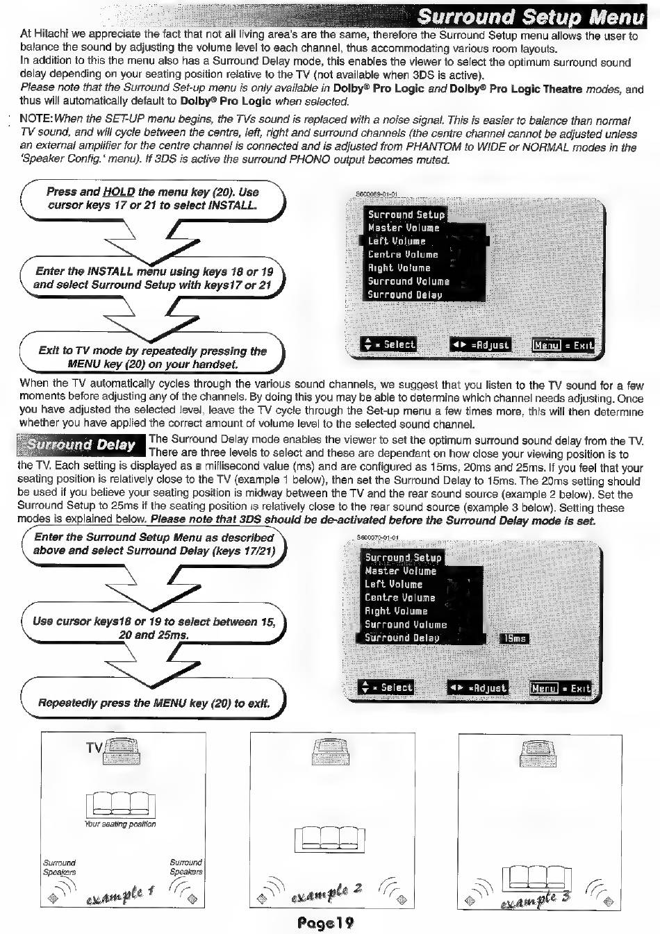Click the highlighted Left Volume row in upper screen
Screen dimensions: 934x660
pos(424,241)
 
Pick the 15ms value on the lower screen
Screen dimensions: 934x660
pos(514,638)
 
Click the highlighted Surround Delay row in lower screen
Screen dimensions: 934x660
pos(420,637)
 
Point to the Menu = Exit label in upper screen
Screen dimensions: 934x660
pos(563,345)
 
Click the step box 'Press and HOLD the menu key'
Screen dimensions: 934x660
pos(152,199)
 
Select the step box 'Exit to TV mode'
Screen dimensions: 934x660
pos(152,357)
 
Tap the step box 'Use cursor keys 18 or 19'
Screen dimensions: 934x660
pos(154,628)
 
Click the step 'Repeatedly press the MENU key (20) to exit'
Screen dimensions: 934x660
pos(154,703)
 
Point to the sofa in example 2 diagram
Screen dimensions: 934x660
pos(329,838)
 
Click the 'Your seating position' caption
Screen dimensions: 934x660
pos(120,824)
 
